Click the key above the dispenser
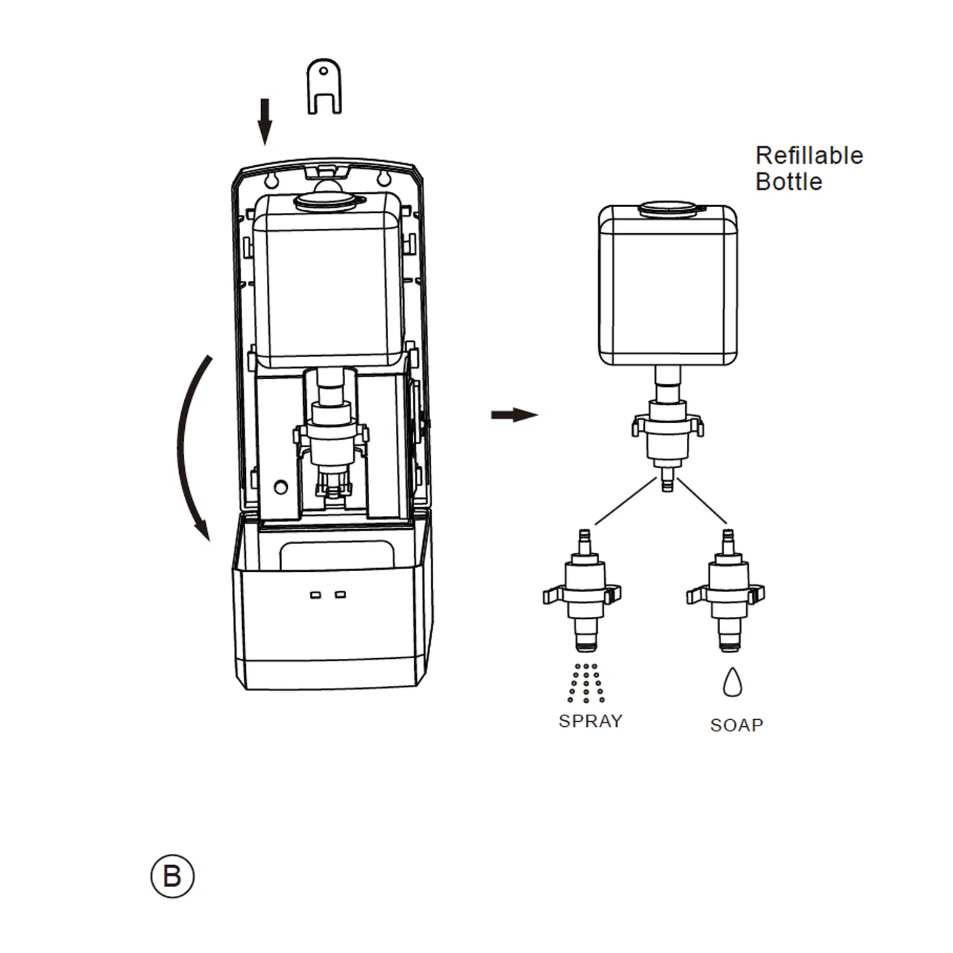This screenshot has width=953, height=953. click(324, 86)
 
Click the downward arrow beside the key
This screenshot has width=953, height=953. click(266, 121)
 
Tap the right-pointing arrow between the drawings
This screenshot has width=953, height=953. click(514, 415)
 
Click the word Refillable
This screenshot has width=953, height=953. click(809, 156)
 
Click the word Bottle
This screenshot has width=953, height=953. click(788, 182)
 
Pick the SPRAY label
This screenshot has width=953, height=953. click(590, 721)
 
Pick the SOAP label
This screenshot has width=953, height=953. click(736, 725)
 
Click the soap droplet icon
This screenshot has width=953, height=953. click(733, 682)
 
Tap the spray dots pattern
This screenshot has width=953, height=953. click(586, 684)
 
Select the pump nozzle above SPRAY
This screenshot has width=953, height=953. click(583, 591)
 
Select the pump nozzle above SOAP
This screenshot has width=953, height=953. click(726, 591)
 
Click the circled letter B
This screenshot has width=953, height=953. click(172, 877)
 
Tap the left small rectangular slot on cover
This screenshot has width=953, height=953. click(315, 595)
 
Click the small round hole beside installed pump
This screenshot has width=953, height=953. click(280, 487)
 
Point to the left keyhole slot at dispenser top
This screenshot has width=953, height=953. click(271, 179)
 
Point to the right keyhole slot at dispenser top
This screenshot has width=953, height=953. click(383, 179)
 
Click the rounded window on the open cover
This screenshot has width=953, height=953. click(337, 554)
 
